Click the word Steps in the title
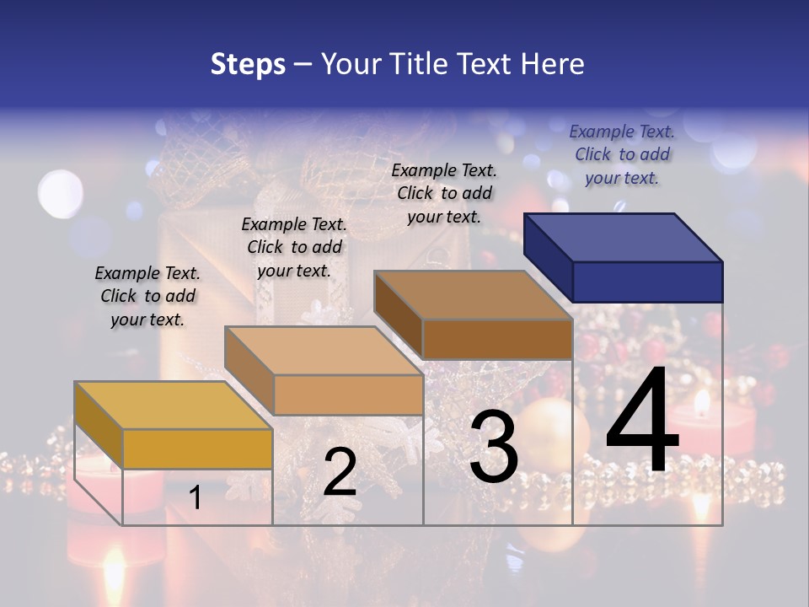coord(248,64)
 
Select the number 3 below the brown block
coord(494,447)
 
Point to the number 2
coord(340,472)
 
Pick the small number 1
coord(195,497)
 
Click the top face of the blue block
coord(624,237)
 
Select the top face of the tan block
coord(324,351)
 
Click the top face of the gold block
coord(174,405)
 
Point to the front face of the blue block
coord(647,282)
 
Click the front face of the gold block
coord(197,449)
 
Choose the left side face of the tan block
coord(249,370)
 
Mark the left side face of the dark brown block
coord(398,315)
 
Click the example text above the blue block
coord(622,154)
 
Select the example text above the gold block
coord(147,296)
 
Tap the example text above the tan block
coord(294,247)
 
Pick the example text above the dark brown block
coord(444,193)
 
